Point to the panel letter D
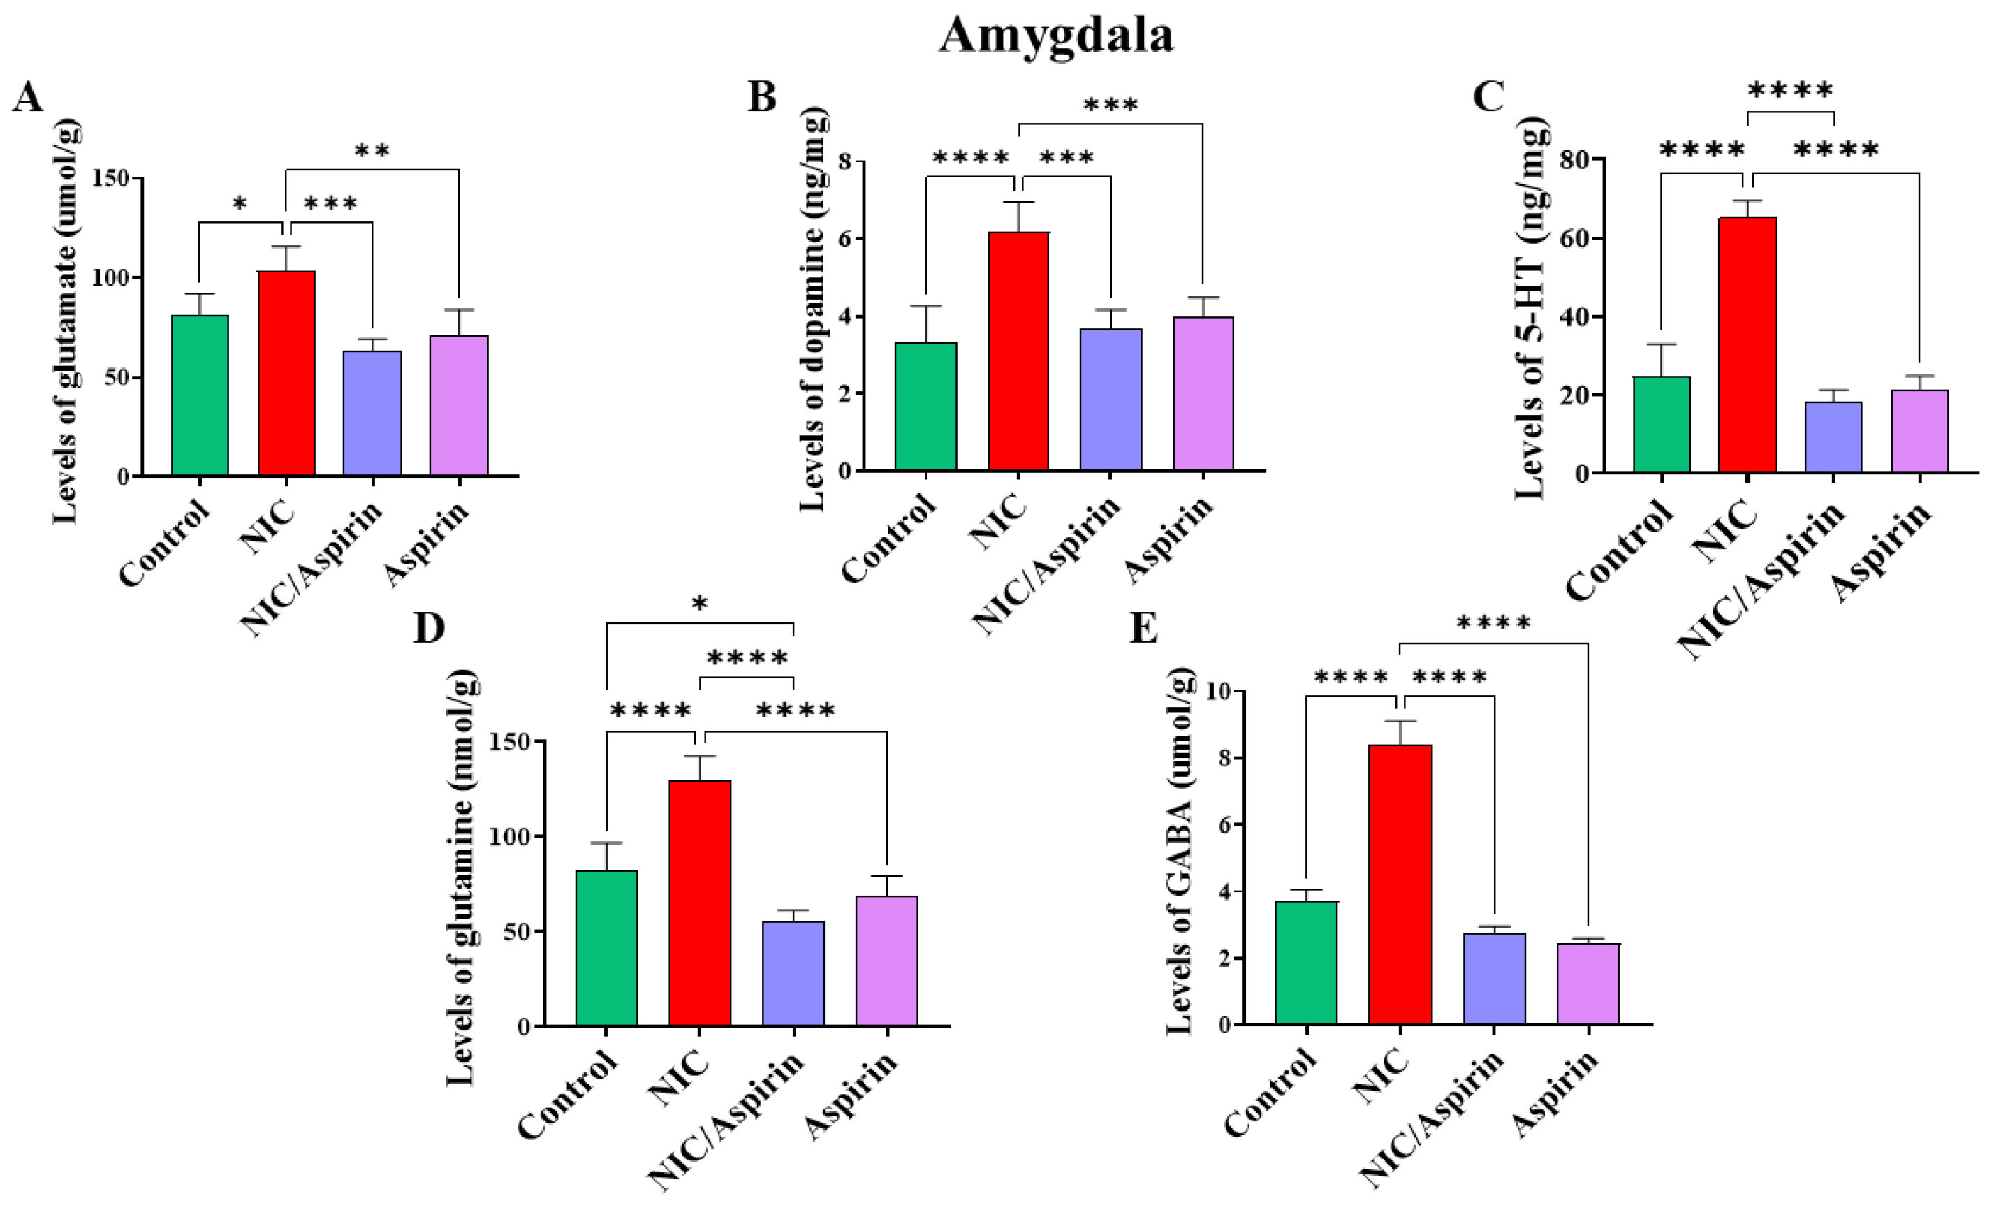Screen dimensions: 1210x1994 (428, 627)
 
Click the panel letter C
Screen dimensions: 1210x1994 (1488, 97)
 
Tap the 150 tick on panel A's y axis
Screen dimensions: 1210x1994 (111, 178)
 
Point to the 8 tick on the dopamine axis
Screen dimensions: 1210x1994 (846, 161)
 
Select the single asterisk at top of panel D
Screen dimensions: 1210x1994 (700, 604)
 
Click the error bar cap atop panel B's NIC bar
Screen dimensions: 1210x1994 (1019, 203)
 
